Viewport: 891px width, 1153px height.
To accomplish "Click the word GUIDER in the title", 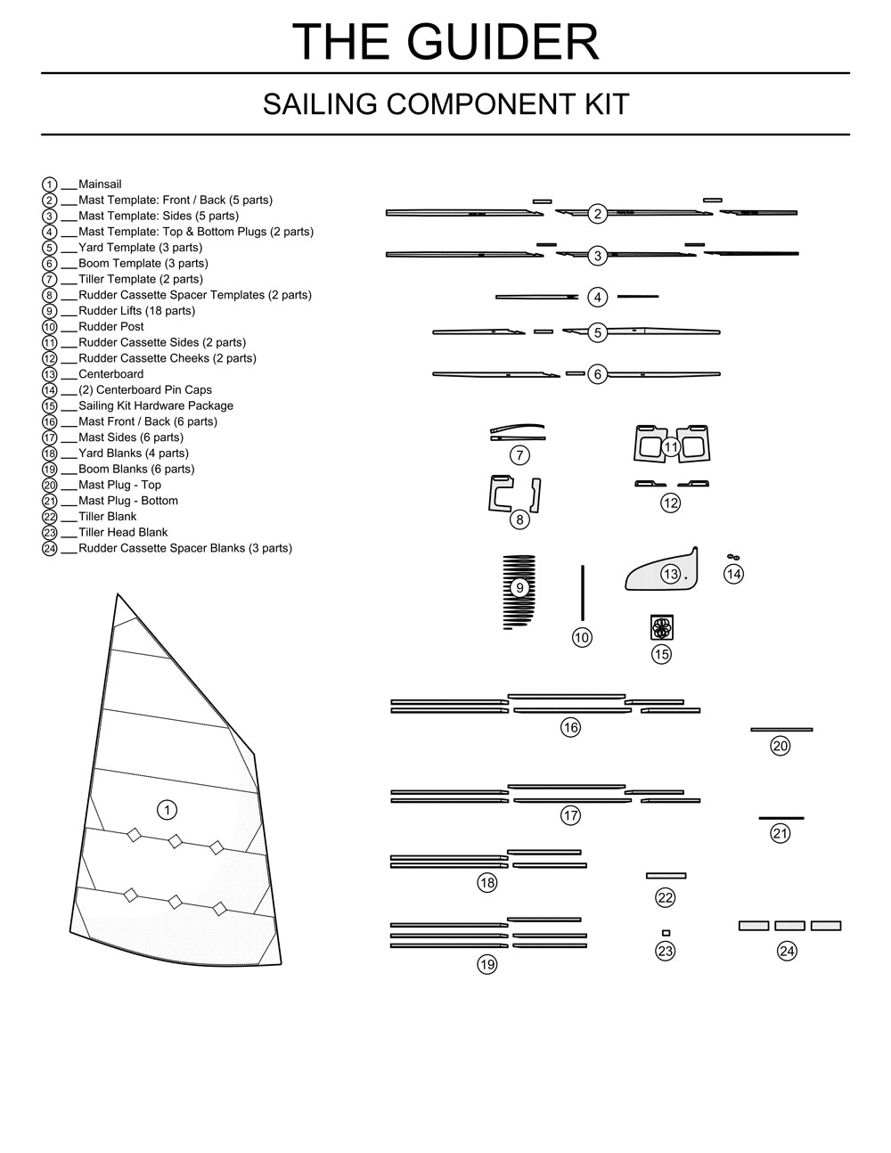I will (503, 41).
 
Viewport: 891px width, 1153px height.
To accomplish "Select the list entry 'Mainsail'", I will (100, 184).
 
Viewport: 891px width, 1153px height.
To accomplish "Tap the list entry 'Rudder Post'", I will (110, 326).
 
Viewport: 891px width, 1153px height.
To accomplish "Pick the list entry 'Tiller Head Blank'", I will (123, 532).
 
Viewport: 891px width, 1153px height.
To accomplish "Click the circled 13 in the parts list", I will (50, 374).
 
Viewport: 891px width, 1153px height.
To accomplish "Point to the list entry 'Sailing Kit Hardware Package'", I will (156, 405).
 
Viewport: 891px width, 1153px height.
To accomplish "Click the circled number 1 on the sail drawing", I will (167, 809).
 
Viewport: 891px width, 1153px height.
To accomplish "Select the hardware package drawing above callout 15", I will (661, 626).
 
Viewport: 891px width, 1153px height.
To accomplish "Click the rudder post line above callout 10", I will (583, 593).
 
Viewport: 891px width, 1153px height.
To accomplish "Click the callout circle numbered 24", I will (787, 951).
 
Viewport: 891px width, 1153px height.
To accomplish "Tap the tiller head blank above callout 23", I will (666, 933).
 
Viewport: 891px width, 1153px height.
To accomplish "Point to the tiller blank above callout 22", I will (666, 876).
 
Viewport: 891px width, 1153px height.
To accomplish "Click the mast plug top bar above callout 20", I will (781, 729).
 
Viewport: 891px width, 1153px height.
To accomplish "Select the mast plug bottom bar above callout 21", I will (781, 817).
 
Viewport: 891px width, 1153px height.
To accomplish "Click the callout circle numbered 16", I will (570, 727).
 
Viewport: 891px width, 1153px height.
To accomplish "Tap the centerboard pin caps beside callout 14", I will (732, 557).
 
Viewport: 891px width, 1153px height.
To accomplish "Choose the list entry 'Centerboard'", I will (110, 374).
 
